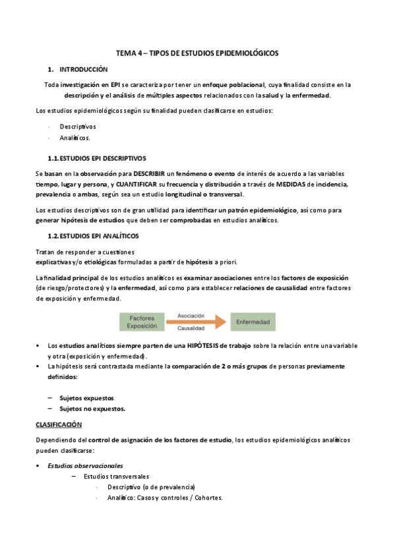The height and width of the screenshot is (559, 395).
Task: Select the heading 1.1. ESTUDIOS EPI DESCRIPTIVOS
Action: pyautogui.click(x=97, y=158)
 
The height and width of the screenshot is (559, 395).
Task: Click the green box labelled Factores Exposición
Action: pyautogui.click(x=142, y=321)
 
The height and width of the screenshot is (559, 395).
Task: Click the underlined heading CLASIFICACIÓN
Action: pyautogui.click(x=59, y=425)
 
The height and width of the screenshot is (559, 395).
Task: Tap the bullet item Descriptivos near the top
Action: pyautogui.click(x=78, y=125)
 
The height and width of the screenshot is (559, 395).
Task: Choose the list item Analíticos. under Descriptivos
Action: pyautogui.click(x=75, y=138)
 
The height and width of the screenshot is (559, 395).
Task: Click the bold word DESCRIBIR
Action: pyautogui.click(x=151, y=172)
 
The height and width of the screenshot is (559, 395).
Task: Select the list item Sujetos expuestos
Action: pyautogui.click(x=86, y=397)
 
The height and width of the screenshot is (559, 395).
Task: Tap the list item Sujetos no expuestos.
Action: pyautogui.click(x=92, y=409)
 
